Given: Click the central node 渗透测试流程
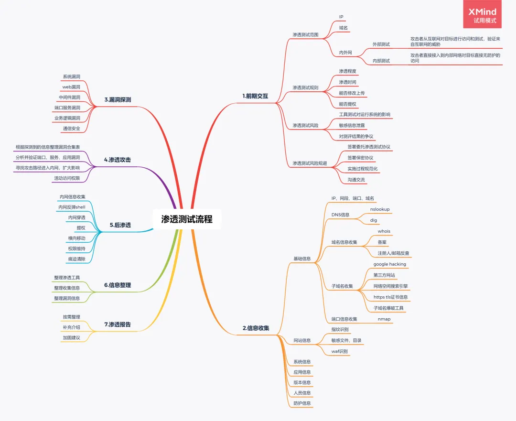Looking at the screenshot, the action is [187, 219].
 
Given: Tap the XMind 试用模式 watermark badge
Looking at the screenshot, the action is [483, 14].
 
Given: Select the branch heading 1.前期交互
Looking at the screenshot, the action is [255, 96].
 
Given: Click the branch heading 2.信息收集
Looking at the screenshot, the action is [256, 328].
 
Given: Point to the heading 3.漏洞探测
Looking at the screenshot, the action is [118, 99].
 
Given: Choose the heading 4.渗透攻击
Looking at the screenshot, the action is [118, 160].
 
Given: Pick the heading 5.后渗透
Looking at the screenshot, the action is [120, 225].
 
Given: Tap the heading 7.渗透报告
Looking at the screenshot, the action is [118, 324].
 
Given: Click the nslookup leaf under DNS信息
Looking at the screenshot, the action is [380, 209].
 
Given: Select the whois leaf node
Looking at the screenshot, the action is [384, 231].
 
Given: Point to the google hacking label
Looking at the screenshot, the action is [390, 264].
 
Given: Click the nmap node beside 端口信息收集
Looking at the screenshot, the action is [384, 319].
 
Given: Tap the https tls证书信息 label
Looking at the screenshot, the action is [391, 297].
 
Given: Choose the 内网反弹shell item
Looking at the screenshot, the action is [72, 207].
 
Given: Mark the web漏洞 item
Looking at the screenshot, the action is [71, 87].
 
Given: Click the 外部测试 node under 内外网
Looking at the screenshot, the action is [381, 44].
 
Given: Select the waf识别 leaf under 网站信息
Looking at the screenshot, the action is [339, 351].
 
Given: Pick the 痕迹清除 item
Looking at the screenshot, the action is [76, 259].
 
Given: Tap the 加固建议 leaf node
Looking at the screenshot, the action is [71, 338].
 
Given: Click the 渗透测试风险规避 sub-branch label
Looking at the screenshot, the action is [310, 163].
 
